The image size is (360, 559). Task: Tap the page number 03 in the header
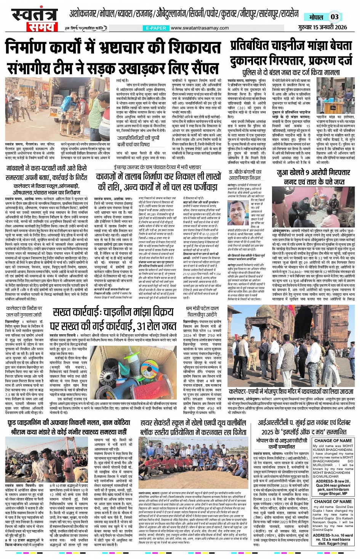(x=334, y=17)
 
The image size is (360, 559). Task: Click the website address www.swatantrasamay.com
(x=200, y=28)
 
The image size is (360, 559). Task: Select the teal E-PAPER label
(x=156, y=28)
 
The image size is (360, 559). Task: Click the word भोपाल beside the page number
(x=316, y=17)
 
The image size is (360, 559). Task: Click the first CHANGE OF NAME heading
(x=333, y=441)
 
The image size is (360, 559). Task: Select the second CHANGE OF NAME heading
(x=333, y=502)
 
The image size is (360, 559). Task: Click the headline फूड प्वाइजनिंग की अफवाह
(x=66, y=423)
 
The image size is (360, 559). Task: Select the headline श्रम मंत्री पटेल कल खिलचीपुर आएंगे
(x=202, y=311)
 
